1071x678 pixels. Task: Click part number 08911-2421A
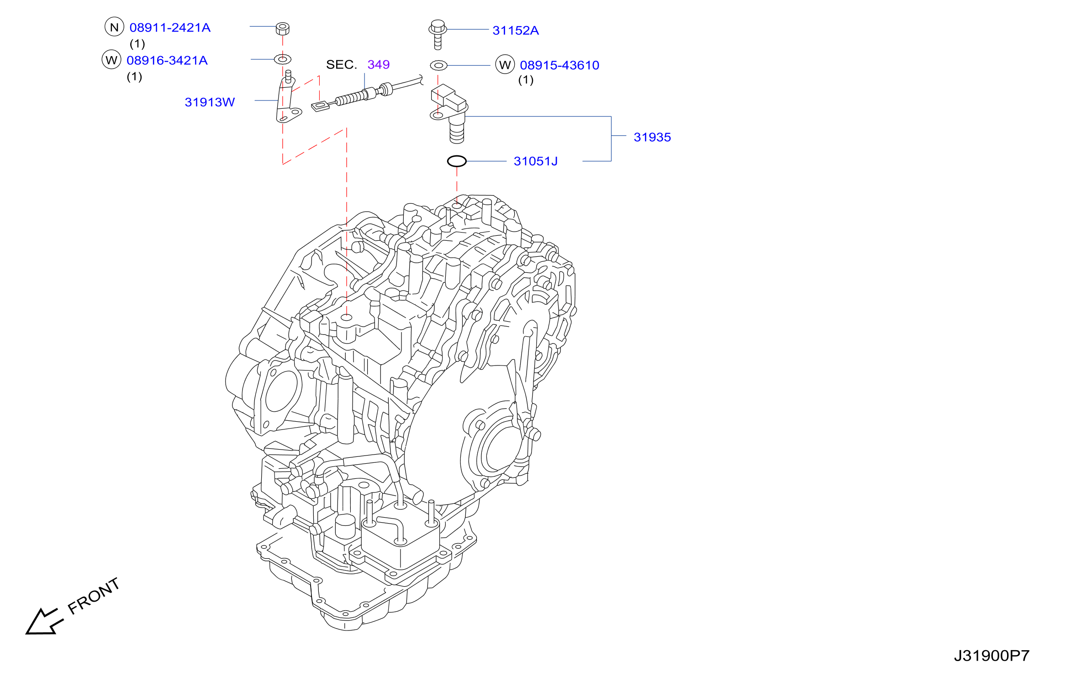170,28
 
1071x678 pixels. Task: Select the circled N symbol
114,27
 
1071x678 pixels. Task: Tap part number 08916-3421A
167,61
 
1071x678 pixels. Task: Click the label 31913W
210,102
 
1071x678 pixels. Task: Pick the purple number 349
379,64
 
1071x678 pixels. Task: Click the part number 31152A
516,31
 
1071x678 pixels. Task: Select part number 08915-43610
559,65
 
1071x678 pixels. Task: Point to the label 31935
652,138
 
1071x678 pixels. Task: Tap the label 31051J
536,161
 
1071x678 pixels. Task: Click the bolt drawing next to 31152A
438,34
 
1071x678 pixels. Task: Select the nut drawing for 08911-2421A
283,28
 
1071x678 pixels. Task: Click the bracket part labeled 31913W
288,98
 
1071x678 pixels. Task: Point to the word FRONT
94,596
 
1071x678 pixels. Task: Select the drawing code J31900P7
992,656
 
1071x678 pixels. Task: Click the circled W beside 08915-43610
505,65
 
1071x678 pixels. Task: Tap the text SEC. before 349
341,65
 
